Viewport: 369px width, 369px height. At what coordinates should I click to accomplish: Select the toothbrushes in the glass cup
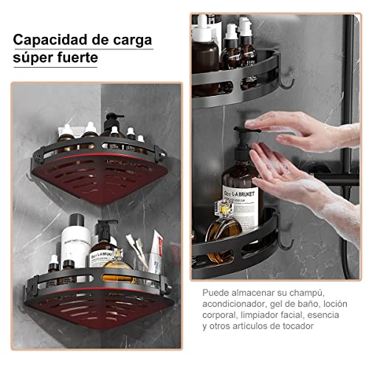click(x=137, y=247)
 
